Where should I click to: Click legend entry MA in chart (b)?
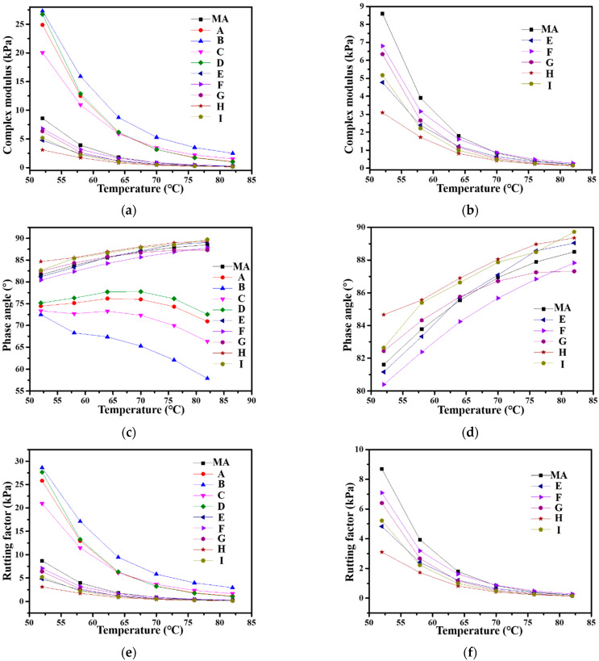[551, 29]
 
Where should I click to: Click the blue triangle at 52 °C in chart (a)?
[42, 11]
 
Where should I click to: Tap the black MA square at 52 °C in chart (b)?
[382, 14]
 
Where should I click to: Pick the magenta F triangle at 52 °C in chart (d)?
[382, 384]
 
